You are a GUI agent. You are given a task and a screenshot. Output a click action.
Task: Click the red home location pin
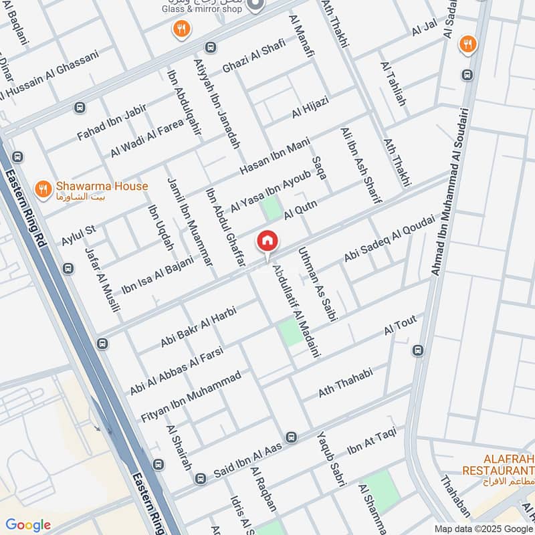click(267, 241)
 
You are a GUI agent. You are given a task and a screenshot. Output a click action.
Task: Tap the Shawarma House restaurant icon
click(43, 189)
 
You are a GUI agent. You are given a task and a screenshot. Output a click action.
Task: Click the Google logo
click(28, 524)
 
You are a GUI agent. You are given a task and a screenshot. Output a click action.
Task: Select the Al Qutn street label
click(300, 209)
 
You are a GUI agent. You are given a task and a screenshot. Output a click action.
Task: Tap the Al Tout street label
click(400, 326)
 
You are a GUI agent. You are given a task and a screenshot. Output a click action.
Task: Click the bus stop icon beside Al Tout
click(418, 350)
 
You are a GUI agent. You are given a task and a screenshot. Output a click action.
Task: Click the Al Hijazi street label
click(310, 108)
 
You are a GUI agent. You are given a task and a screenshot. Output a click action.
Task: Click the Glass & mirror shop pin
click(255, 5)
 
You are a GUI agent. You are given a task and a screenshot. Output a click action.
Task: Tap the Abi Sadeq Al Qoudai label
click(389, 238)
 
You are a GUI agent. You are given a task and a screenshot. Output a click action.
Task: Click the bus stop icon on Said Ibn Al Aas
click(291, 437)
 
